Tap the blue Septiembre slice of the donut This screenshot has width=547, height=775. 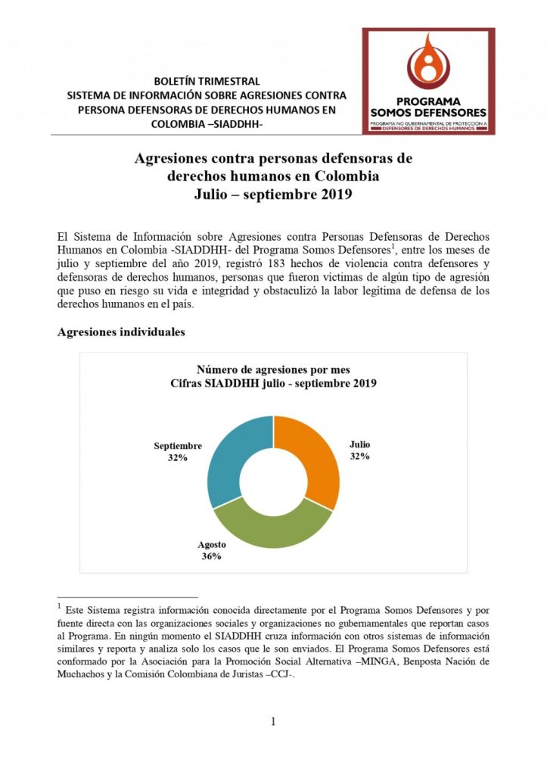coord(232,454)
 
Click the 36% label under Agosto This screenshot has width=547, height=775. coord(211,556)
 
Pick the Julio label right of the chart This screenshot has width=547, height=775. coord(359,445)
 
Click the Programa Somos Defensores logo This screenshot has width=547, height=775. coord(428,81)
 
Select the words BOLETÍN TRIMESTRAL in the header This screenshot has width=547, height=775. coord(206,81)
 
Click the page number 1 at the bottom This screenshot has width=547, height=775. coord(273,721)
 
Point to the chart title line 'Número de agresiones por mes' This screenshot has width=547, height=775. coord(273,370)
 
